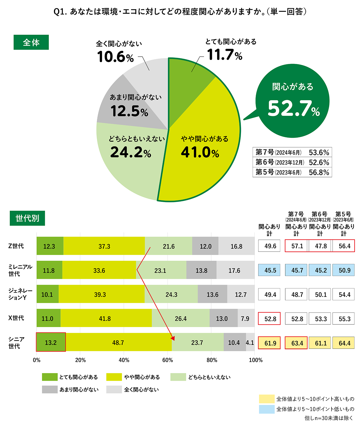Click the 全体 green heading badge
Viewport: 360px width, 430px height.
click(x=31, y=42)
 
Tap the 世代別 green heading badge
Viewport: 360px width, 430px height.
click(x=27, y=218)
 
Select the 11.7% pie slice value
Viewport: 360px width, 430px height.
click(x=225, y=55)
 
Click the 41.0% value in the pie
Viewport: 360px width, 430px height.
click(x=200, y=152)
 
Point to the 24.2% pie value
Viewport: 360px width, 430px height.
click(x=131, y=152)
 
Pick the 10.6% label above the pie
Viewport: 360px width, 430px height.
click(x=115, y=57)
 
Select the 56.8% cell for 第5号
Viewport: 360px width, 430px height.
click(x=319, y=172)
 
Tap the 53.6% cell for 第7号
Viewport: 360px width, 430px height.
click(x=319, y=152)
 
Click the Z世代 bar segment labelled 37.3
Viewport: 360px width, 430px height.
click(x=104, y=246)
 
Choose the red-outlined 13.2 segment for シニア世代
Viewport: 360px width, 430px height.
click(x=51, y=342)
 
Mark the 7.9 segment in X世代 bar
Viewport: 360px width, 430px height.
click(x=245, y=318)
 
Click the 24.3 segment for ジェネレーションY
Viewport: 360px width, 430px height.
click(x=171, y=295)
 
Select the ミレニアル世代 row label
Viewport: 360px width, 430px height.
click(x=20, y=270)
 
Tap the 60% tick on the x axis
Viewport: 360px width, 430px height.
click(x=168, y=360)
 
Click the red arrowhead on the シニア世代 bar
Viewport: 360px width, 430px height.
click(x=173, y=338)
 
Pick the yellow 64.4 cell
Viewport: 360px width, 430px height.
click(x=344, y=343)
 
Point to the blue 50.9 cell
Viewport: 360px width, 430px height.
click(x=344, y=270)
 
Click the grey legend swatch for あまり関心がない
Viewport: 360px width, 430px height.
click(x=50, y=389)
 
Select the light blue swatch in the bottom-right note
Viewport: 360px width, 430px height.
click(x=267, y=409)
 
